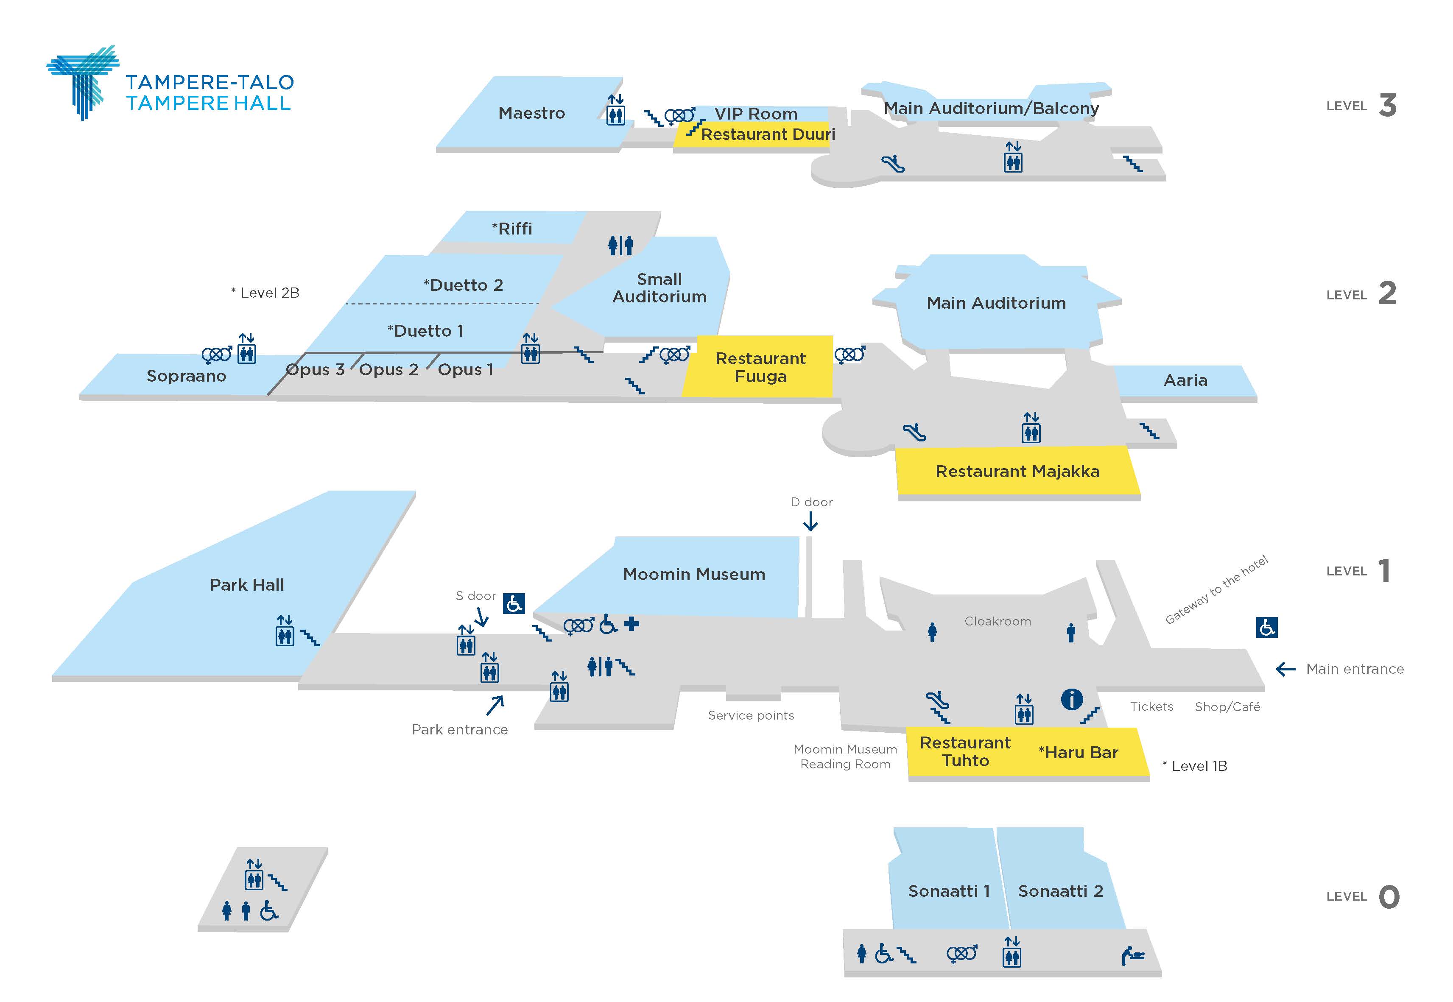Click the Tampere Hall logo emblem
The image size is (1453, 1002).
(84, 81)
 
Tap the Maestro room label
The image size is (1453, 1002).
(531, 113)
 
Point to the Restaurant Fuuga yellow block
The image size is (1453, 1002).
(759, 367)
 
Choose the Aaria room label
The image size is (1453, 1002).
(1185, 380)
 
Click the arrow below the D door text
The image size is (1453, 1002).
(810, 521)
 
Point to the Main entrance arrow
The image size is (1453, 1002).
(1285, 669)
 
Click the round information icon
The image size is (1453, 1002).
(1071, 699)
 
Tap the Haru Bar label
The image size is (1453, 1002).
(1078, 752)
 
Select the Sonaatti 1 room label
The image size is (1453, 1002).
(949, 891)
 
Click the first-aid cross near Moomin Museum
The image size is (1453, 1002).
(631, 624)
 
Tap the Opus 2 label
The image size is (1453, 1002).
(388, 370)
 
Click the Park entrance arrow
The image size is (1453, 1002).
(495, 705)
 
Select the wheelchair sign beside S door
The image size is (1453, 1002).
(514, 604)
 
